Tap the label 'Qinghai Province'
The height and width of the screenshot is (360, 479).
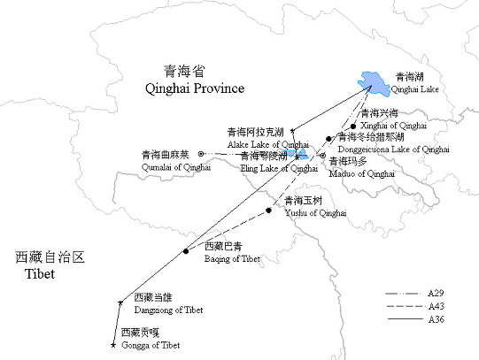194,88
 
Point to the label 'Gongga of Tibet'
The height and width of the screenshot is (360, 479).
151,344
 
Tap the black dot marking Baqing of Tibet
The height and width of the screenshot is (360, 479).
186,251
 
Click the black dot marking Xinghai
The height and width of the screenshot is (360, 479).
352,126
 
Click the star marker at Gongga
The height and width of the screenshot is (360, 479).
112,344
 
